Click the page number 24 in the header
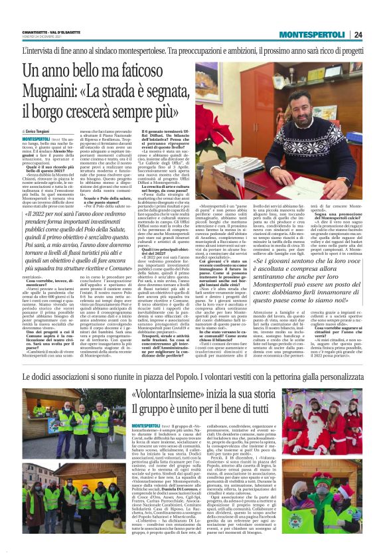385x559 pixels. (376, 35)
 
